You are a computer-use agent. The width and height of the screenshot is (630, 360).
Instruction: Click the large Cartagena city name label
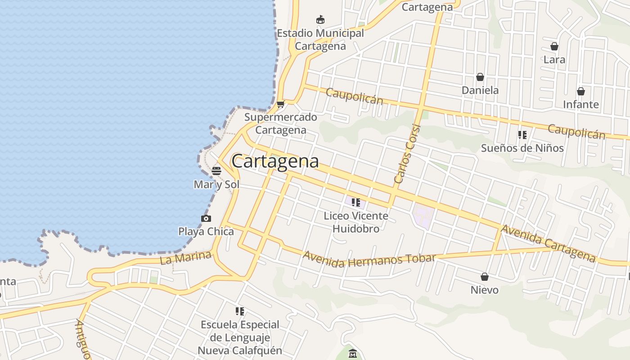click(275, 161)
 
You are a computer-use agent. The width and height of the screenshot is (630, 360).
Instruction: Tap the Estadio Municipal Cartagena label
click(320, 40)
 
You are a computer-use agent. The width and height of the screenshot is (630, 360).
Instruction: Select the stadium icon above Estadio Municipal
click(320, 20)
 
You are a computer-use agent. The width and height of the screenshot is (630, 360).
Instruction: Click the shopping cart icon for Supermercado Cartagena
click(281, 104)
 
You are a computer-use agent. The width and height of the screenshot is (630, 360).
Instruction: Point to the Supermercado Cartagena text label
click(281, 123)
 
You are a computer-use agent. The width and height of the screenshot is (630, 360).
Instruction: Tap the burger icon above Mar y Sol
click(216, 171)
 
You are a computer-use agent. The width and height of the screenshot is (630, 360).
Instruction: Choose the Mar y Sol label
click(216, 184)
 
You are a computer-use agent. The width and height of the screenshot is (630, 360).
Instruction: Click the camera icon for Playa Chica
click(206, 219)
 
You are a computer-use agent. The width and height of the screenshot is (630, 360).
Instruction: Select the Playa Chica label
click(206, 232)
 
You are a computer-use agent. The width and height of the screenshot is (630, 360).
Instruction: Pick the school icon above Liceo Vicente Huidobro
click(356, 202)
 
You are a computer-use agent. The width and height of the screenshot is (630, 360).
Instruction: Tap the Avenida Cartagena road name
click(549, 243)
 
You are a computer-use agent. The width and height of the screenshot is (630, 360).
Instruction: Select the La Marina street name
click(185, 258)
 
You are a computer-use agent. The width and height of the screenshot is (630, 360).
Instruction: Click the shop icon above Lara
click(554, 46)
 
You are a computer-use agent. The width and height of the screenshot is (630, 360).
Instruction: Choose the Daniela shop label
click(480, 90)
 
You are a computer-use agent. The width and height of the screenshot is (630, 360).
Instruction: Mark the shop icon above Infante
click(581, 91)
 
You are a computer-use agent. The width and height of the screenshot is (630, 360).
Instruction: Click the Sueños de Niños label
click(522, 148)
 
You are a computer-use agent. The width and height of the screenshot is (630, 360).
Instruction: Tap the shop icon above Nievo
click(485, 277)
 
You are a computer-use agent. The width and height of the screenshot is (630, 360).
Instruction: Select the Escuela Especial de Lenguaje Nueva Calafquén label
click(240, 337)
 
